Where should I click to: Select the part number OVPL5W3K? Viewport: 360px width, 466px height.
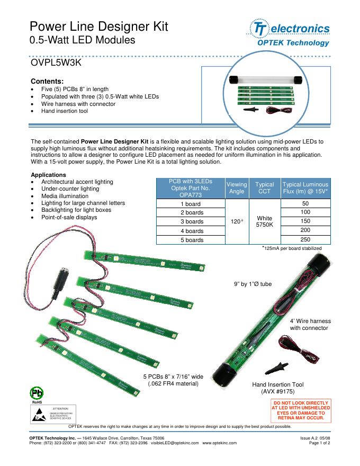coord(56,63)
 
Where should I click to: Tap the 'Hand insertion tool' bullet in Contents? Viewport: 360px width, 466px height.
coord(64,111)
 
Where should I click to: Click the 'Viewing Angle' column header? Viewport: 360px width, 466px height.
coord(236,188)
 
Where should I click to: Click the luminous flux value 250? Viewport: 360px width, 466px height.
coord(305,239)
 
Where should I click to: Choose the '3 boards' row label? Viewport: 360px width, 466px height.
coord(192,221)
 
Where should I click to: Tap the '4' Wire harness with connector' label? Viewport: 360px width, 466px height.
coord(310,325)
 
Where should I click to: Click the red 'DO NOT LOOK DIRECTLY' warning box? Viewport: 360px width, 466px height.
coord(301,410)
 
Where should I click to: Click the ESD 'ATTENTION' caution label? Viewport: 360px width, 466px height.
coord(53,414)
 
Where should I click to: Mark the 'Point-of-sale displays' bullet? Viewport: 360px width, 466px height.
coord(69,218)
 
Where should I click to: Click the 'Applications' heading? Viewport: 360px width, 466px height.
coord(48,174)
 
